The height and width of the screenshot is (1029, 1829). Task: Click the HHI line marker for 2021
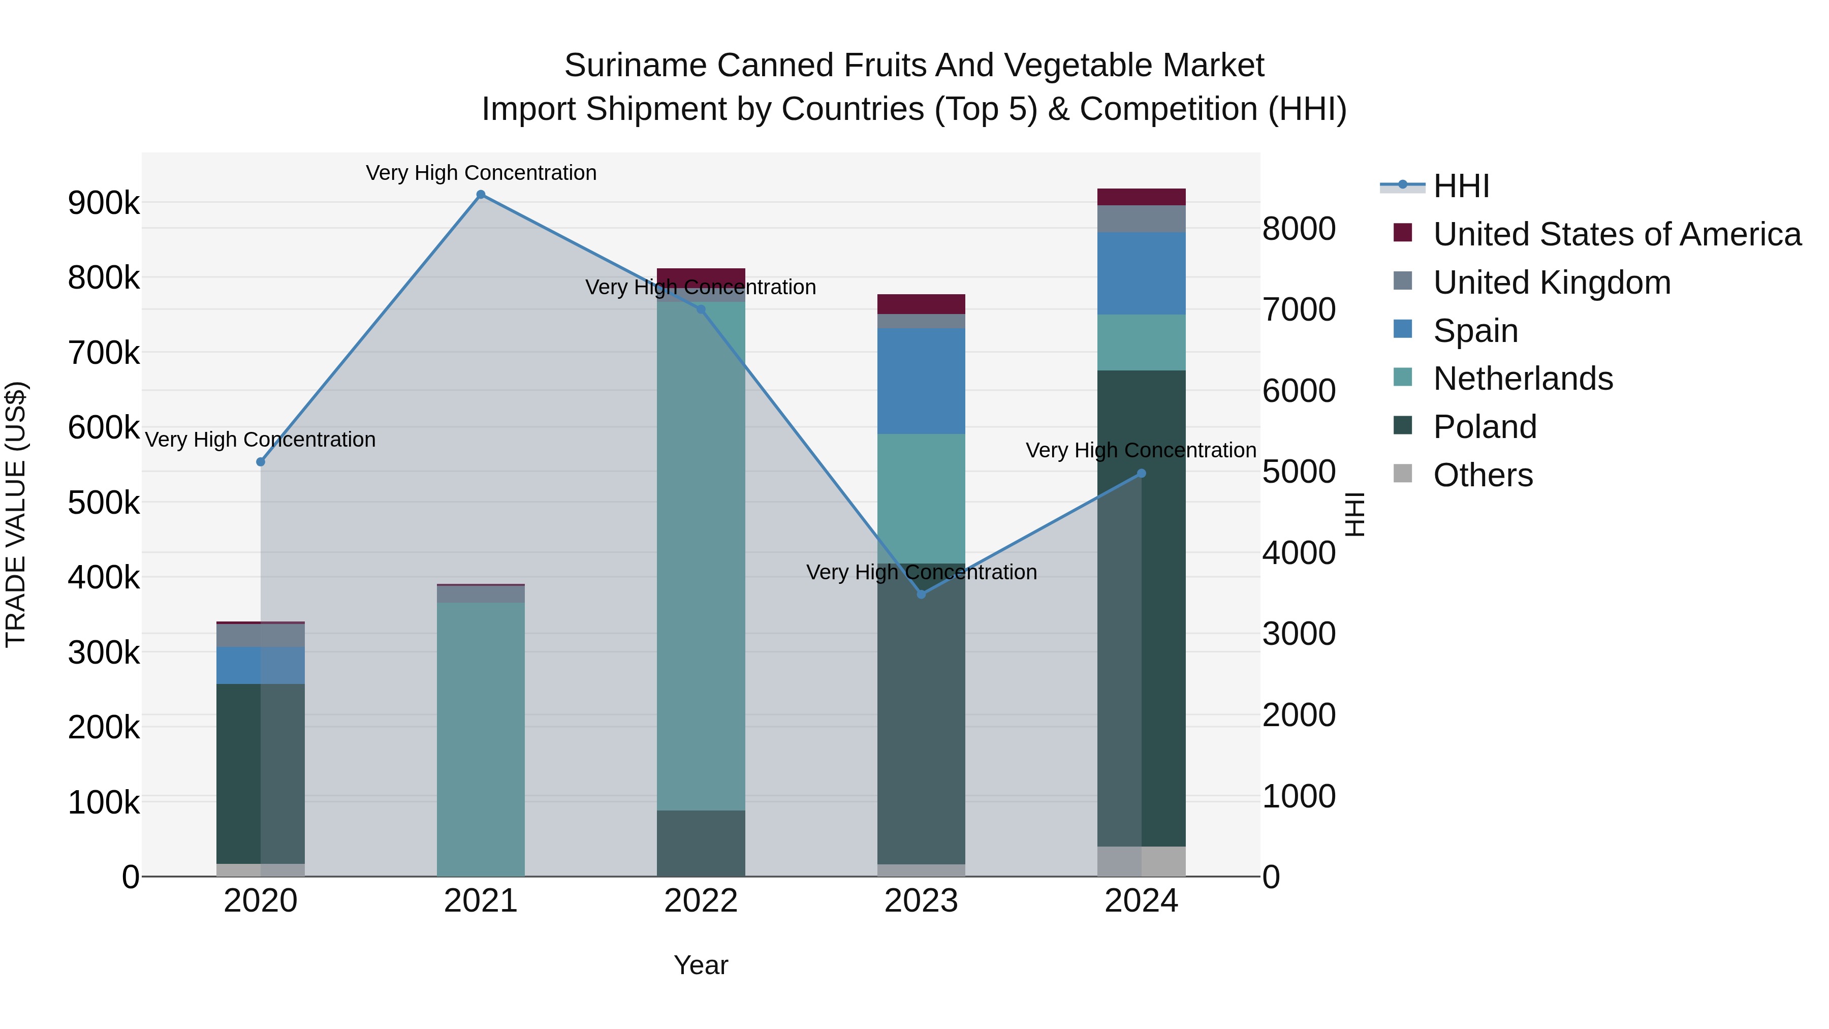[481, 195]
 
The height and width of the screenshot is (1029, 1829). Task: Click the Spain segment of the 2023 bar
[921, 381]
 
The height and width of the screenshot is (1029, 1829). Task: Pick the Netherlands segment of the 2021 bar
[481, 738]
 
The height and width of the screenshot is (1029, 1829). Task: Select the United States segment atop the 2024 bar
[1141, 197]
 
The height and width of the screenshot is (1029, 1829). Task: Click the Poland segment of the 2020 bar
[261, 774]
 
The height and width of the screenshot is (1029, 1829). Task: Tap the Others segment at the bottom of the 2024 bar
[1141, 861]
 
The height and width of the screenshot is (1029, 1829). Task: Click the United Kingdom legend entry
[1552, 283]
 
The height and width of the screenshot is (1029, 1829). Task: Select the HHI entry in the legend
[1461, 186]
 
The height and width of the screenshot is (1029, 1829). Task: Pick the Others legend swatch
[1402, 474]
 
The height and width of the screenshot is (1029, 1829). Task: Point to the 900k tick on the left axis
[104, 203]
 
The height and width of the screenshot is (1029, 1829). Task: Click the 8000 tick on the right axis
[1299, 229]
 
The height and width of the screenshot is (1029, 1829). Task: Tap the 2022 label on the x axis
[701, 901]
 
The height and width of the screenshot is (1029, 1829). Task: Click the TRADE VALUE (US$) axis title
[16, 514]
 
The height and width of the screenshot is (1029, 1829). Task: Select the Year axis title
[701, 965]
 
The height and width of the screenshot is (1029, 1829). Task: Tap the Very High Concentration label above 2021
[481, 173]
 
